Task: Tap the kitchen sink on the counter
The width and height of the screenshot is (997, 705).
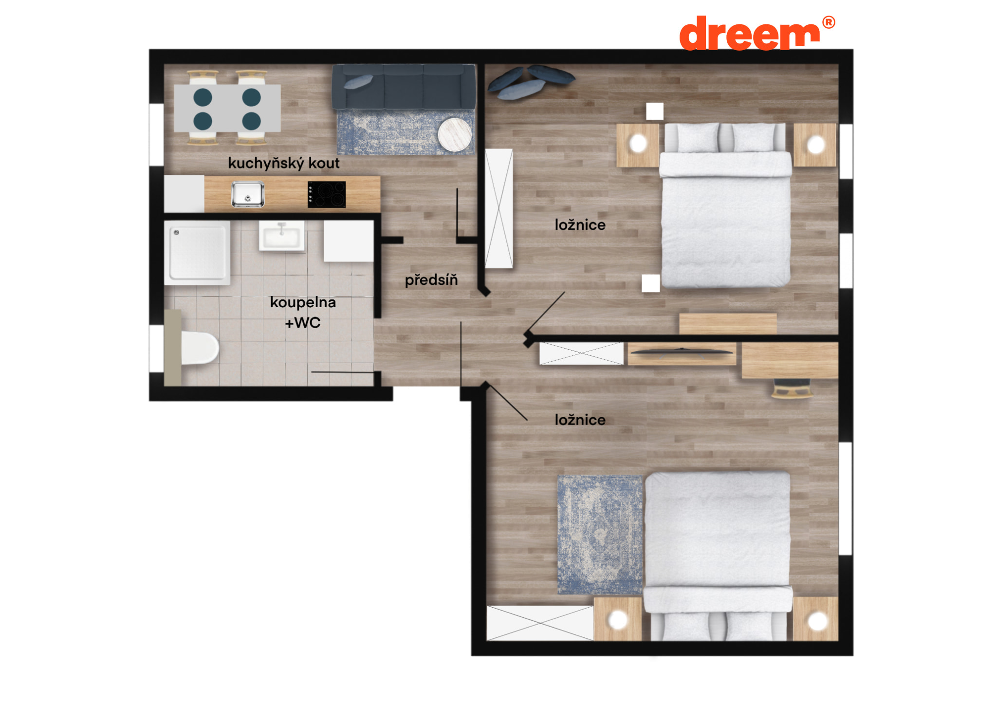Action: click(248, 194)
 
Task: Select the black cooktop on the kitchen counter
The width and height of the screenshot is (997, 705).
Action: click(327, 194)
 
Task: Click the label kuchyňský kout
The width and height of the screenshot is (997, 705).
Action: click(284, 163)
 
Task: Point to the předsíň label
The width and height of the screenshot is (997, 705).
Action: click(431, 279)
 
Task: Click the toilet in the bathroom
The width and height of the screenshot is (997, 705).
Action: click(200, 348)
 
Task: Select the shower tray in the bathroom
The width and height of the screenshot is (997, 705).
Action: click(197, 253)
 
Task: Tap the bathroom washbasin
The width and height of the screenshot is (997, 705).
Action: click(281, 236)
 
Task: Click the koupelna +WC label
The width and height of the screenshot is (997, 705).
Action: click(303, 313)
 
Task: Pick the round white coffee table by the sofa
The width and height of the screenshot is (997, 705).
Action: click(455, 135)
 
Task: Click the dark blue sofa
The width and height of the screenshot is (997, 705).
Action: click(404, 87)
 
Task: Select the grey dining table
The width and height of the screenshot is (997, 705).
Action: click(227, 108)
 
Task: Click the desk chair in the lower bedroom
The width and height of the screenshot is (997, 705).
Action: click(793, 389)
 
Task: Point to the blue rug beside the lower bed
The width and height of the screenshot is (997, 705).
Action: click(600, 535)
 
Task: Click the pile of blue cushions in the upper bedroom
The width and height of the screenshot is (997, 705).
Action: click(531, 81)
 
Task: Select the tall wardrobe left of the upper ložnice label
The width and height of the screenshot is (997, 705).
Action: click(499, 208)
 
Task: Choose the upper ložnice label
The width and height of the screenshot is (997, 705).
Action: click(580, 225)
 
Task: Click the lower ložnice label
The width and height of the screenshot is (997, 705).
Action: click(580, 420)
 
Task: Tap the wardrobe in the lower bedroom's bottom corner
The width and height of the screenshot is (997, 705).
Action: click(540, 623)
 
